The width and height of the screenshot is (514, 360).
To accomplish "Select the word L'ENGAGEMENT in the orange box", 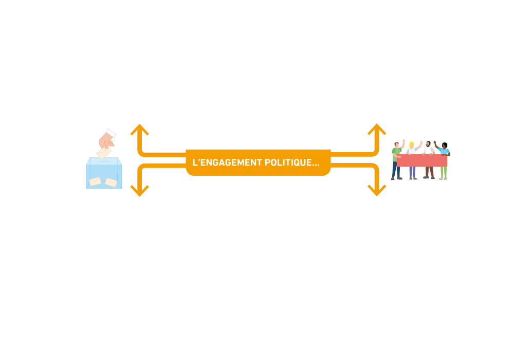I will click(227, 163).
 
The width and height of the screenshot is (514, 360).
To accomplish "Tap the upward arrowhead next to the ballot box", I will click(139, 129).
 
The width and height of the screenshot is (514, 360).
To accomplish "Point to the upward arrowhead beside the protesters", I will click(377, 129).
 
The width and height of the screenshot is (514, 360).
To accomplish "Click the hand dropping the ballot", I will click(106, 140).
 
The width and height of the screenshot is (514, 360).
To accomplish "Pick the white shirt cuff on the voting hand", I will click(111, 133).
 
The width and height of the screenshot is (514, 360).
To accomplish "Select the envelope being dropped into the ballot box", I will click(103, 153).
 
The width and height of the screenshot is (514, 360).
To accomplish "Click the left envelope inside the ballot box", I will click(95, 181).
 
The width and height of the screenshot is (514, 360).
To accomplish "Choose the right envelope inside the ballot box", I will click(111, 182).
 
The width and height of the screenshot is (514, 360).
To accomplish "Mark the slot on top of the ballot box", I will click(104, 160).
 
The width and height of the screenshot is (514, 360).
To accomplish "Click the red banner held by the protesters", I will click(422, 161).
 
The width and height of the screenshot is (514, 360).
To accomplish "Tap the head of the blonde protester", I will click(411, 145).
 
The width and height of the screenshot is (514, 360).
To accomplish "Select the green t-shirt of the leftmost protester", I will click(395, 154).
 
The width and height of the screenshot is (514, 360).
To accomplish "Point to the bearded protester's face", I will click(428, 146).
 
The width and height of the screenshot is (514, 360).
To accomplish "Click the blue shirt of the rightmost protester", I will click(445, 152).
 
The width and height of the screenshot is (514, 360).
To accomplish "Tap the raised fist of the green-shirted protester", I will click(404, 140).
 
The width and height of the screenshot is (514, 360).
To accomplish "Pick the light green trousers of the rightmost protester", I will click(443, 173).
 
